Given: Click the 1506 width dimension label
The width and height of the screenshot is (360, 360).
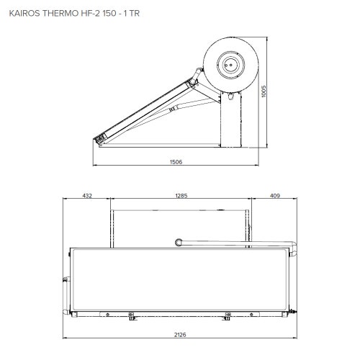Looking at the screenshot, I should coord(176,161).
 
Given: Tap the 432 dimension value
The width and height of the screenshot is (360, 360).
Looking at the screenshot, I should coord(87,195).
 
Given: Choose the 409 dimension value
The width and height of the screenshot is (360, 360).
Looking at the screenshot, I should coord(274,195).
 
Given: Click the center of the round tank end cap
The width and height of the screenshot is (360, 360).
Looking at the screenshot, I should coord(230,63).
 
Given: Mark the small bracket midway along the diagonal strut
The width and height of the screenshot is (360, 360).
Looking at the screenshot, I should coord(172,109).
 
